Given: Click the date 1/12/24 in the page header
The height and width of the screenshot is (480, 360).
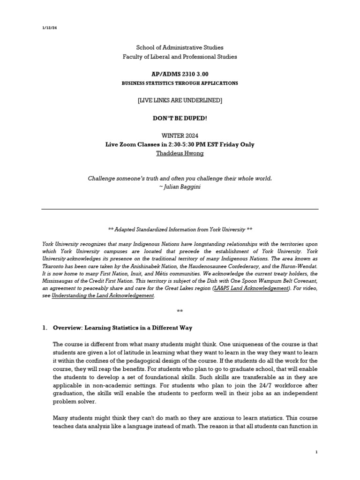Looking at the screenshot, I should click(49, 28).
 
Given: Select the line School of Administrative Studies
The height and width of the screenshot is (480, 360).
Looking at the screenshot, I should click(180, 47).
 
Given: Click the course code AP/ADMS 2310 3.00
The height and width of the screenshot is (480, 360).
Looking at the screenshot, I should click(180, 75).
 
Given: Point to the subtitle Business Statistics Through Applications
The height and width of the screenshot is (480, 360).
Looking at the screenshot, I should click(180, 83).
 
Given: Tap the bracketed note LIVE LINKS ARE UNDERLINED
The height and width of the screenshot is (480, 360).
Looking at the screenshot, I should click(180, 100).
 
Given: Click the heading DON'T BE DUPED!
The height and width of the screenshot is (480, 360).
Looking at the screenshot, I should click(180, 118).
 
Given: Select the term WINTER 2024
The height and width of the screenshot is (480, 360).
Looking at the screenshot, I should click(180, 136).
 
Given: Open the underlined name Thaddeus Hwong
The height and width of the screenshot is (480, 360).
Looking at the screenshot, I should click(180, 154).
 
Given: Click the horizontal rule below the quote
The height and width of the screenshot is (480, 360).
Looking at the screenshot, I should click(180, 209).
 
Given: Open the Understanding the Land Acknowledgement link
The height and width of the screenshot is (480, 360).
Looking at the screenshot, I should click(102, 296).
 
